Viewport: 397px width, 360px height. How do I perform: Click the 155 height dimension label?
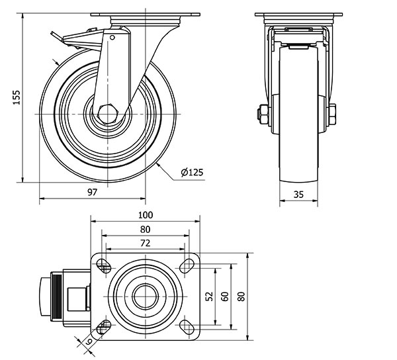click(17, 97)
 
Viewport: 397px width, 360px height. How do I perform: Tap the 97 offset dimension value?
click(93, 192)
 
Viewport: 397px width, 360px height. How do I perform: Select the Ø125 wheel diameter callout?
click(192, 172)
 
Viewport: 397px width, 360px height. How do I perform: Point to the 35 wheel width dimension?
click(298, 194)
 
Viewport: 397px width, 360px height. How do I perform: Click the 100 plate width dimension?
click(146, 215)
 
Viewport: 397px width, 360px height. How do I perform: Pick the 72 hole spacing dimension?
click(145, 243)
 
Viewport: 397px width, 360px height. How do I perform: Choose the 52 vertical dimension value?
click(210, 296)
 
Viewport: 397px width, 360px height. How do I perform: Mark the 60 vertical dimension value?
click(225, 296)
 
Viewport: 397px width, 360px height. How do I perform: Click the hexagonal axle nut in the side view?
click(108, 114)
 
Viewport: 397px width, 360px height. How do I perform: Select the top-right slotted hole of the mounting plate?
click(187, 266)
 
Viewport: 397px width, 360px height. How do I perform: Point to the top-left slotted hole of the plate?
click(104, 266)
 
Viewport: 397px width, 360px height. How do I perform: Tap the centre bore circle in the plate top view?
click(146, 296)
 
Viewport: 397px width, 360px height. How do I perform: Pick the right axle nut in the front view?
click(332, 114)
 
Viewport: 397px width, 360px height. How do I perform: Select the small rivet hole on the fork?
click(112, 38)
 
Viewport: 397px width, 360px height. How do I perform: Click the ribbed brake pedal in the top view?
click(57, 296)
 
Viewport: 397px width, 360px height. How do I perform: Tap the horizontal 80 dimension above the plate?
click(145, 230)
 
